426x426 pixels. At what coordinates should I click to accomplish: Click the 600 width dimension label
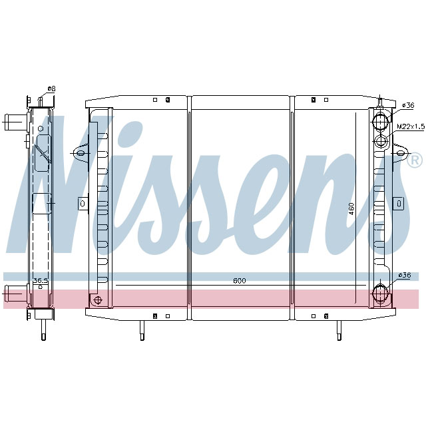(x=240, y=281)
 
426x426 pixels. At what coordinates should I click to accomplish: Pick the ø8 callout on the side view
(x=51, y=89)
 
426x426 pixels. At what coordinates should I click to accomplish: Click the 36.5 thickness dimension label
(x=41, y=281)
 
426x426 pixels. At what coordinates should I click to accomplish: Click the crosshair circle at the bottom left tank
(x=98, y=300)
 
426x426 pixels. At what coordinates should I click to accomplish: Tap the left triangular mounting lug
(x=79, y=153)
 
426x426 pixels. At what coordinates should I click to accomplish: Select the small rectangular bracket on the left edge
(x=83, y=203)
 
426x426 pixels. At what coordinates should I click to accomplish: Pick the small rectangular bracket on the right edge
(x=398, y=203)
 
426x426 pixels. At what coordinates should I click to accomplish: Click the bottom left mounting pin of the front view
(x=142, y=330)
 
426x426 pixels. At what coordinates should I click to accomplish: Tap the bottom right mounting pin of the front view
(x=338, y=330)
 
